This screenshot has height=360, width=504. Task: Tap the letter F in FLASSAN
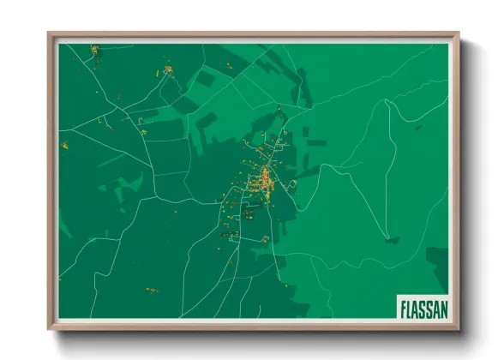(x=404, y=307)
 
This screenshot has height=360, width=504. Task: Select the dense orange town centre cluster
(x=266, y=179)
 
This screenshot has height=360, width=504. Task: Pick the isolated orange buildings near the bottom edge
(x=152, y=291)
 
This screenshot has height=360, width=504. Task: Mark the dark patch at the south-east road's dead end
(x=391, y=240)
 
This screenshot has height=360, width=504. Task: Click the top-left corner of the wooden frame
(x=51, y=35)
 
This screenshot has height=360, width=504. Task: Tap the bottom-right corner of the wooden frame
(x=459, y=328)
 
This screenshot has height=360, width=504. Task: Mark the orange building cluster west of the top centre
(x=168, y=69)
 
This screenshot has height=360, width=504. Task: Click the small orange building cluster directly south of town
(x=266, y=238)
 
